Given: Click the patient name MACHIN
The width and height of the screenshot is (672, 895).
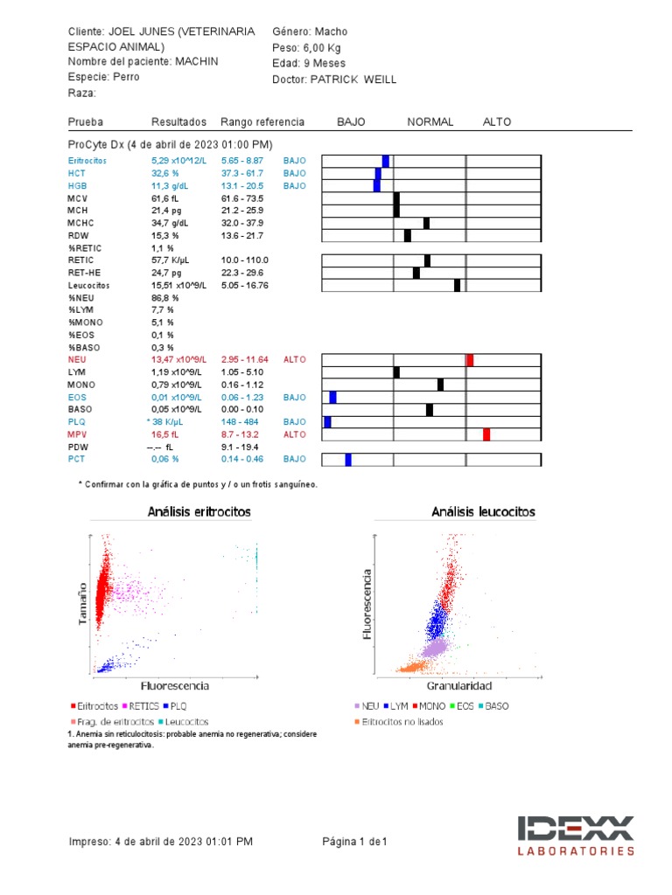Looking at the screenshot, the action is point(197,61).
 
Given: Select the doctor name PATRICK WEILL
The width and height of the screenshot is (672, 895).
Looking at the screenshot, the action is point(353,80).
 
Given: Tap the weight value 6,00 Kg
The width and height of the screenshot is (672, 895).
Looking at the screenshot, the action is point(322,48).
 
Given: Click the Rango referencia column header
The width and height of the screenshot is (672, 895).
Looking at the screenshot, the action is point(262,122).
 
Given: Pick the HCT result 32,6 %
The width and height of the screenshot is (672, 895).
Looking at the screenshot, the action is point(165,173).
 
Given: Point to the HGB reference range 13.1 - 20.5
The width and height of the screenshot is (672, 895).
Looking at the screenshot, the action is point(242,185).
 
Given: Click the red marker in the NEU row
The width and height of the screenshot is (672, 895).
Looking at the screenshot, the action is point(470,360).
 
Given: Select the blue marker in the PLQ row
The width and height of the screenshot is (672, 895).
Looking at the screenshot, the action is point(327,422).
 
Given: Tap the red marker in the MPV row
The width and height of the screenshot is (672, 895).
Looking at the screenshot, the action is point(486,434).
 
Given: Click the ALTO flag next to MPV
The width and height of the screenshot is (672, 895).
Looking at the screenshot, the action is point(295,434).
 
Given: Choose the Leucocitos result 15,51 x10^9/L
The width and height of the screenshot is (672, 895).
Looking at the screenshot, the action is point(178,286).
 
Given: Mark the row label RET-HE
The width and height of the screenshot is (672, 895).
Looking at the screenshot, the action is point(84,273).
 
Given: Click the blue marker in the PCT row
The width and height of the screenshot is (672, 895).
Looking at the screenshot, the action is point(348,460).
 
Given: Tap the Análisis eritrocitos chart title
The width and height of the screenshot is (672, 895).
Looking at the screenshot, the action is point(199,512).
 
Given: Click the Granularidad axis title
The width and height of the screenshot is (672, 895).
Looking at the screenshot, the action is point(459,686).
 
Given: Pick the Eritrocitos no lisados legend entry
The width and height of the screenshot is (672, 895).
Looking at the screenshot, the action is point(399,722).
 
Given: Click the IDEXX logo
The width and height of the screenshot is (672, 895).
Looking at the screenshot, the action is point(576,836).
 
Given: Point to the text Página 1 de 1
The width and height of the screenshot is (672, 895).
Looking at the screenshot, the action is point(354,842).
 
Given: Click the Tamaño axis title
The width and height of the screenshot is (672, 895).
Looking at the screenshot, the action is point(83,603).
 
